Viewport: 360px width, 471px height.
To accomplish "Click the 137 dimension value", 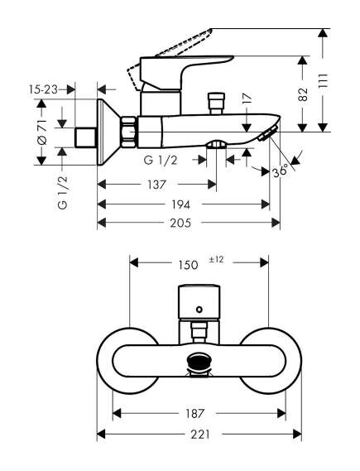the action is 156,184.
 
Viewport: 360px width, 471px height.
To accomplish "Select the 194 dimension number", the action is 180,204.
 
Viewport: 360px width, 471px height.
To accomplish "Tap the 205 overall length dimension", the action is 180,223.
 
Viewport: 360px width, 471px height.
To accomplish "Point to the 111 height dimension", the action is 324,80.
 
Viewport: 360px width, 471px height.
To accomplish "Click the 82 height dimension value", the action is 303,94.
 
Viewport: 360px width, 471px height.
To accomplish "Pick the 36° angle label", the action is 281,171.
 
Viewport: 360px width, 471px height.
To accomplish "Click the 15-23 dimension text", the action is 43,89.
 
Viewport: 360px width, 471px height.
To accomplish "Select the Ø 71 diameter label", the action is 42,132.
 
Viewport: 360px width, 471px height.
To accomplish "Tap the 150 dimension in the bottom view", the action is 188,265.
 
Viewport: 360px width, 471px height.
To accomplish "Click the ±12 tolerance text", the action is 216,259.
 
